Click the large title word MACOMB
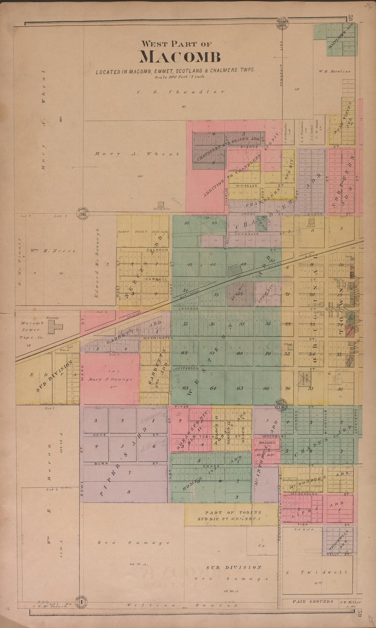click(x=179, y=57)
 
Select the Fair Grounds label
click(x=312, y=601)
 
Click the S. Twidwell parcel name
click(x=317, y=572)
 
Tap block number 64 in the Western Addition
click(x=213, y=388)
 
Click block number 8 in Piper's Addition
click(x=129, y=492)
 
